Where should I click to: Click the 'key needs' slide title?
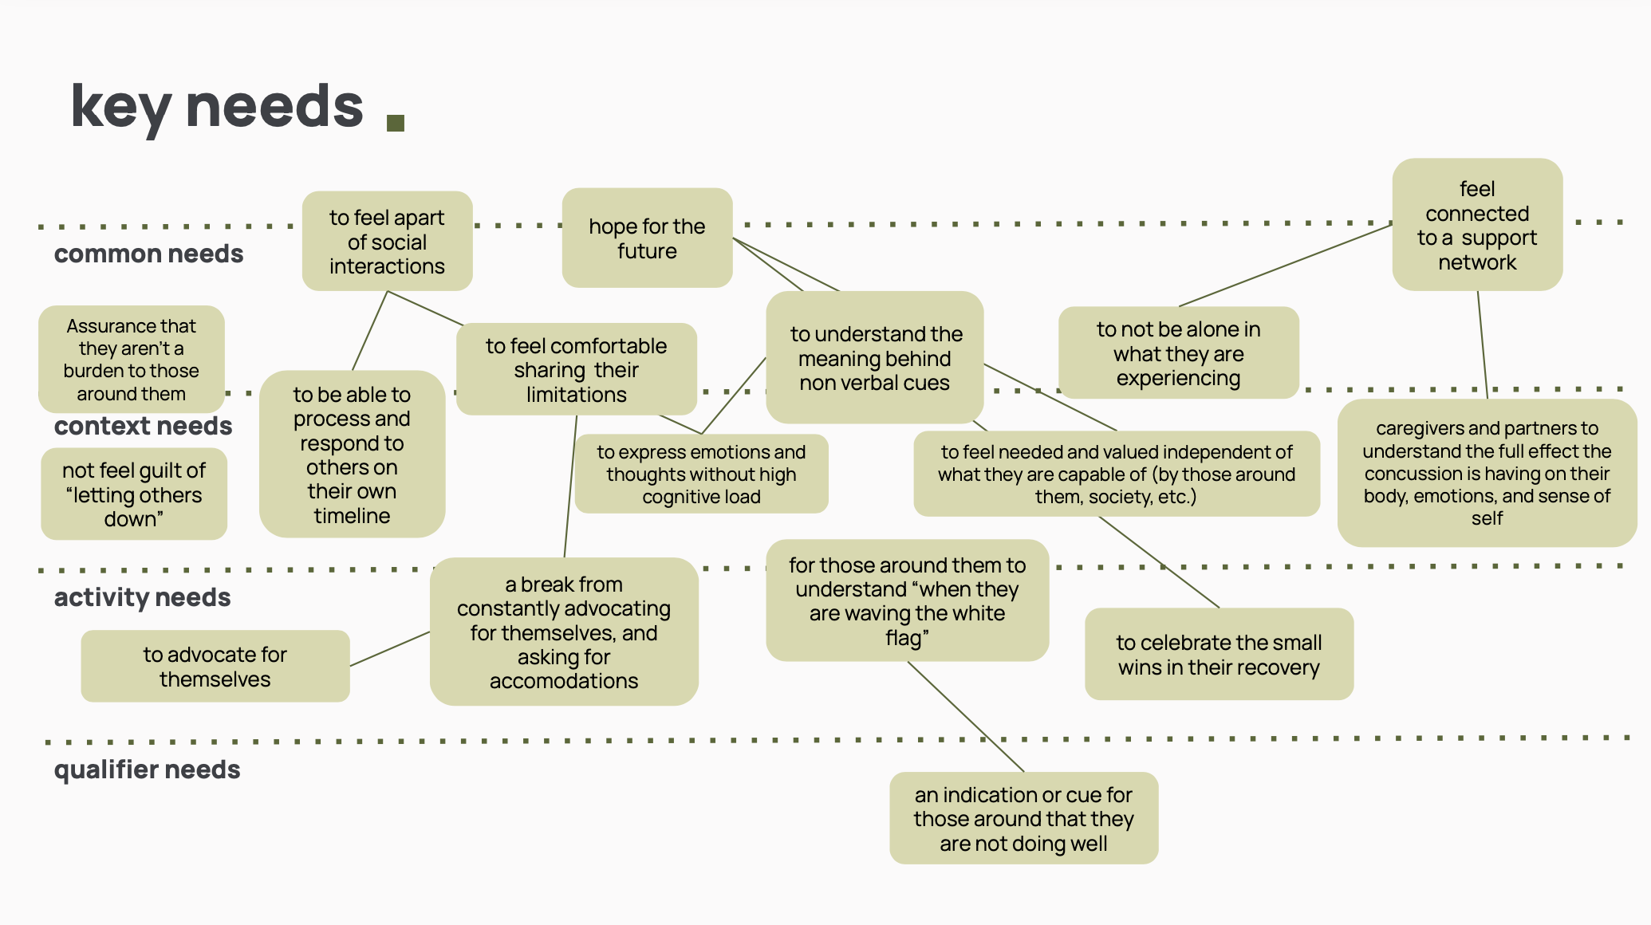point(217,106)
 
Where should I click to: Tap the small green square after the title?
point(396,122)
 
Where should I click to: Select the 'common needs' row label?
point(148,254)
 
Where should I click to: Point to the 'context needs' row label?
point(143,426)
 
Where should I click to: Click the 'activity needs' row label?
point(142,597)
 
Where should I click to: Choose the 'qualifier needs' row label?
point(147,770)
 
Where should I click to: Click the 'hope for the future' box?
point(647,238)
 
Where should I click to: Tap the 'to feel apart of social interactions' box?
point(387,241)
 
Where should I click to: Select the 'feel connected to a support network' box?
point(1477,225)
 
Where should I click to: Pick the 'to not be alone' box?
point(1178,352)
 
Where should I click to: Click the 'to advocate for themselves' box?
point(215,666)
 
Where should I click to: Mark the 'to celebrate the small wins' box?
point(1219,654)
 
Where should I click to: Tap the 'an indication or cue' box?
point(1023,818)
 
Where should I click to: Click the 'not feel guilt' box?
point(134,494)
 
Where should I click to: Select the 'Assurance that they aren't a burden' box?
point(132,359)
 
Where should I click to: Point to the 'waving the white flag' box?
point(907,600)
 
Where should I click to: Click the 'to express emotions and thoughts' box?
point(701,474)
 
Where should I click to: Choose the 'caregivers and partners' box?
point(1487,473)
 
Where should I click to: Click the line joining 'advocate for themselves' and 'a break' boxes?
point(390,648)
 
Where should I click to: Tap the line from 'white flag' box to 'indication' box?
point(966,717)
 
